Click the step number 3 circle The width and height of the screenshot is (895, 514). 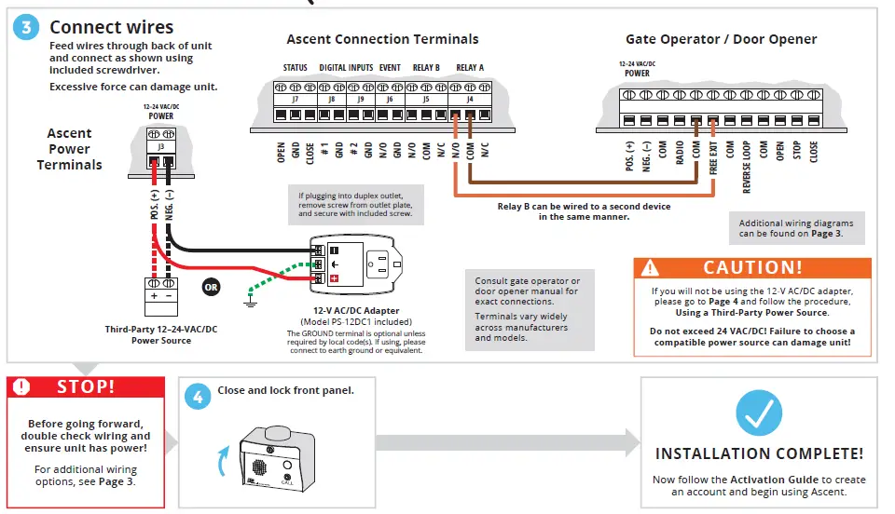click(x=25, y=27)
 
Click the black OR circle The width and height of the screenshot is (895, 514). click(x=213, y=287)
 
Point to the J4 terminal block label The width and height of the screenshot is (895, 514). click(x=468, y=99)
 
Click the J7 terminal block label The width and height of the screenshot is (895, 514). click(x=296, y=99)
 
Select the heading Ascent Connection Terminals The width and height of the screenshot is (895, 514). click(x=382, y=39)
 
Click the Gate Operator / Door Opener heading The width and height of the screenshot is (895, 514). click(x=721, y=39)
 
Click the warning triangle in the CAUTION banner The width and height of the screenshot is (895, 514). click(x=651, y=268)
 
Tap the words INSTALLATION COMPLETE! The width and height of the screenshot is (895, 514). click(x=759, y=453)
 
